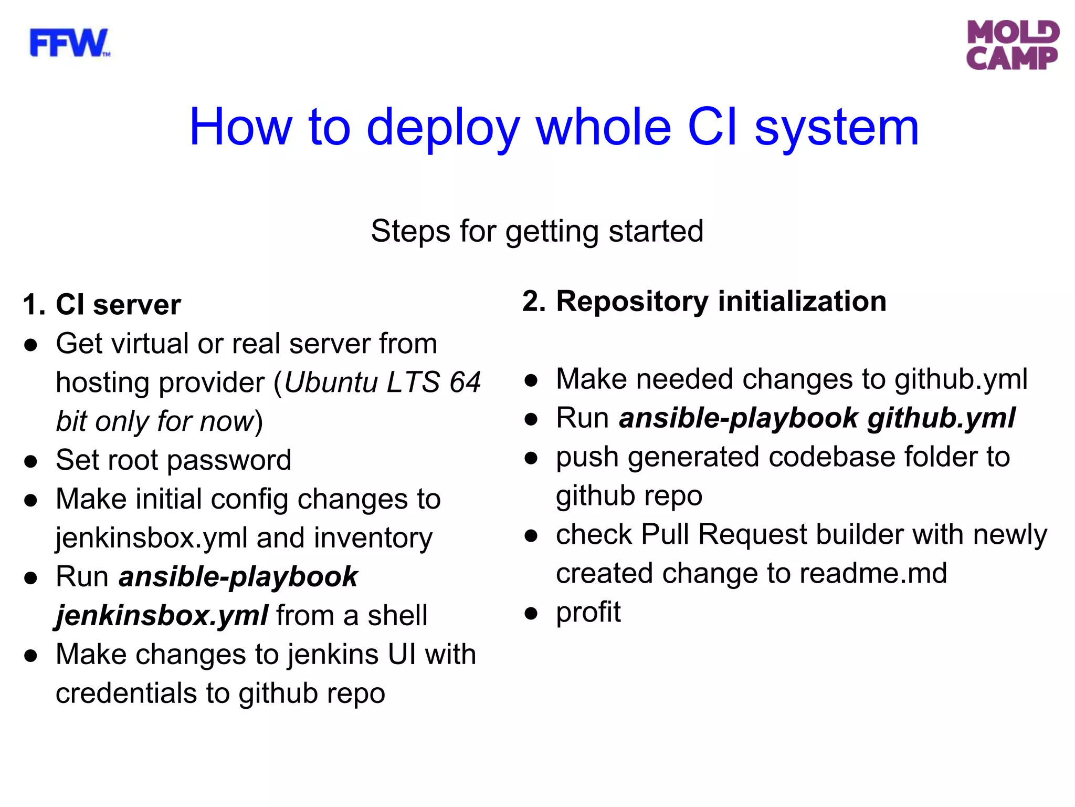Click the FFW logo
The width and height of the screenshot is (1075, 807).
coord(69,43)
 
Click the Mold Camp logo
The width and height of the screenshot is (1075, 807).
coord(1012,45)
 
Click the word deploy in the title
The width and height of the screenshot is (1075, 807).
coord(442,128)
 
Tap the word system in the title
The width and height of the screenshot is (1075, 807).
coord(837,128)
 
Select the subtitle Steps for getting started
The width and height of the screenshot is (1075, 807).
coord(537,231)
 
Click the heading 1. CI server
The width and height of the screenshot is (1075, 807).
coord(102,305)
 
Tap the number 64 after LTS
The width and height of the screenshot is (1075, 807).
coord(465,382)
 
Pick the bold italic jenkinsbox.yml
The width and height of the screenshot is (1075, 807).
coord(162,616)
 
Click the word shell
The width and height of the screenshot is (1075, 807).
coord(397,616)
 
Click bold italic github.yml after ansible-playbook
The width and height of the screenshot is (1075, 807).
coord(941,419)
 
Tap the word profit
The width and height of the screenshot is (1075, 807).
coord(588,613)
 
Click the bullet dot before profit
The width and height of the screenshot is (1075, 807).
coord(531,613)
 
